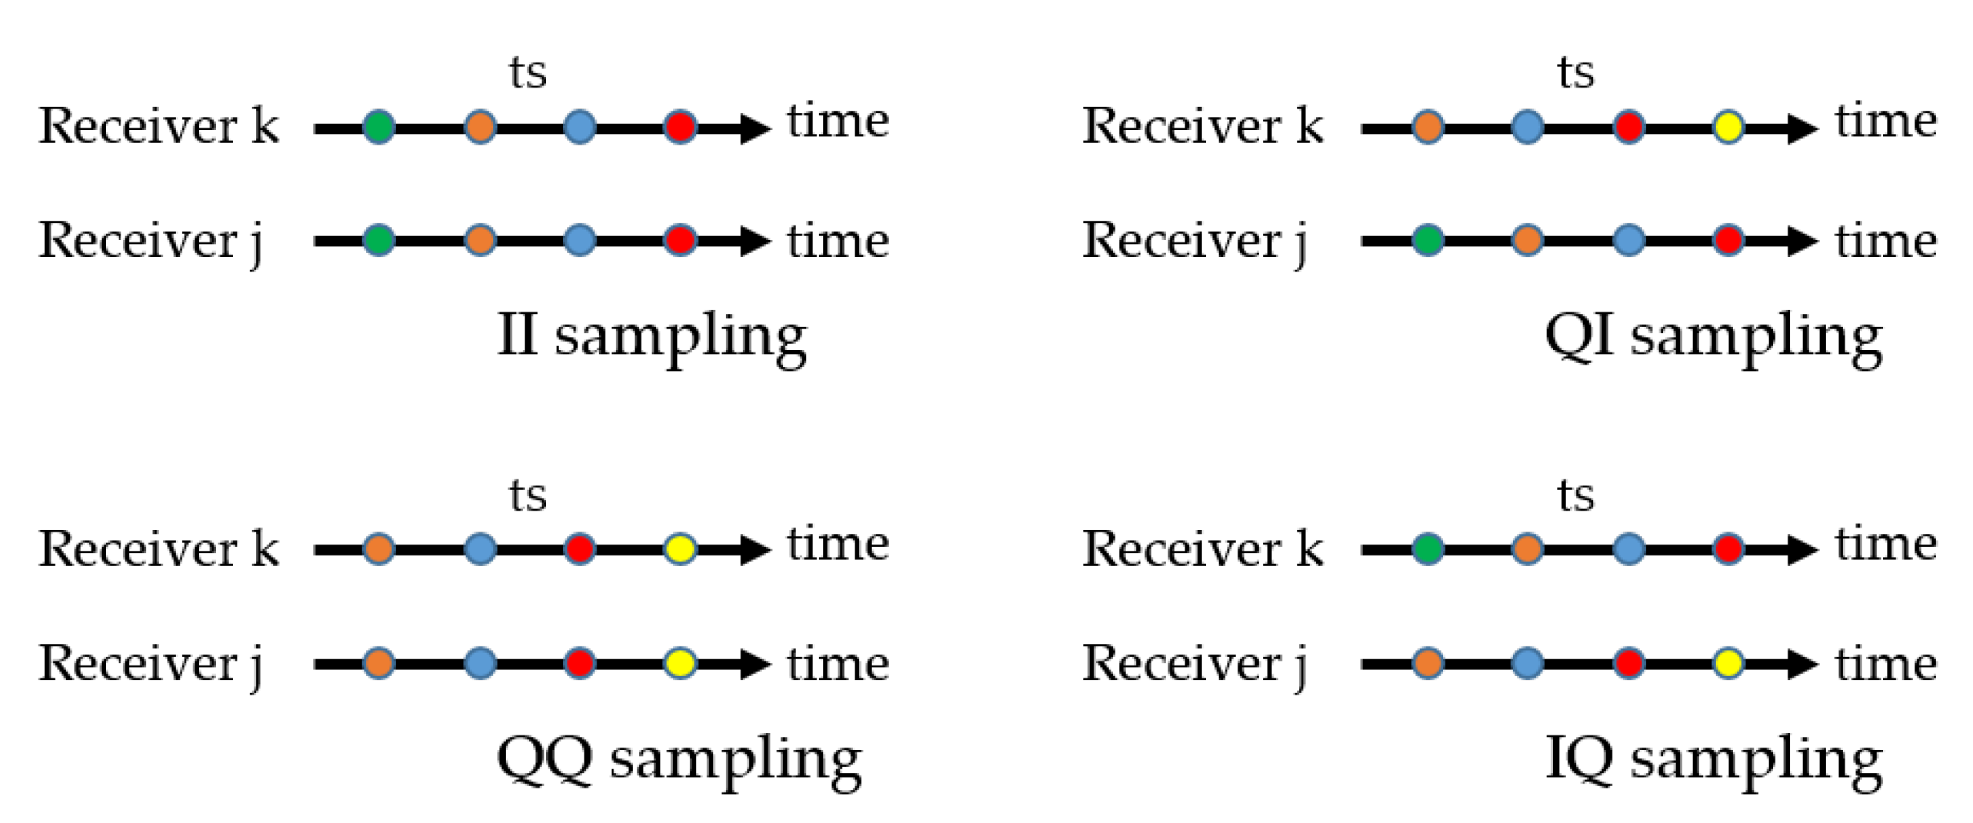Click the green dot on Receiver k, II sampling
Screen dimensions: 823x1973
pos(378,127)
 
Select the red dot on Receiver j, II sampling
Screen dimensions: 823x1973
pos(680,240)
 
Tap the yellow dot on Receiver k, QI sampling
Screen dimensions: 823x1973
pos(1728,127)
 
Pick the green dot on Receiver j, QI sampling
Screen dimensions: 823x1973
pos(1428,240)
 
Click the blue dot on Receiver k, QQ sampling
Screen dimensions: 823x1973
pos(479,549)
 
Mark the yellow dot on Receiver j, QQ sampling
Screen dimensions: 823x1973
pos(680,663)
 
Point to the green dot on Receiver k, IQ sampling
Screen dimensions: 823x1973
pos(1428,549)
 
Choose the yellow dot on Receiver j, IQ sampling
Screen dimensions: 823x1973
pos(1728,663)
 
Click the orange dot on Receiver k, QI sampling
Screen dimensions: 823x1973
pos(1428,127)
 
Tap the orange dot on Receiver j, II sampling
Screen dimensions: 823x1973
pos(479,240)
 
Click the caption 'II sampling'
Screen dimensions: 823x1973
pos(651,337)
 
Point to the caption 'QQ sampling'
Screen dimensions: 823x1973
pos(679,760)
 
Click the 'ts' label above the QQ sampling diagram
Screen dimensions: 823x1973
pos(528,495)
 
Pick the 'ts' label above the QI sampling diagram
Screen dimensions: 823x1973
pos(1576,73)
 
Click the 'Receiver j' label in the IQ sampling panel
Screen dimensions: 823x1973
pos(1195,665)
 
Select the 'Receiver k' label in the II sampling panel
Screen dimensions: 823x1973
pos(158,126)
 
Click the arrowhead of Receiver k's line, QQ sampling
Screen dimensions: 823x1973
pos(755,550)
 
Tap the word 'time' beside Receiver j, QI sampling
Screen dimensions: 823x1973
pos(1885,240)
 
